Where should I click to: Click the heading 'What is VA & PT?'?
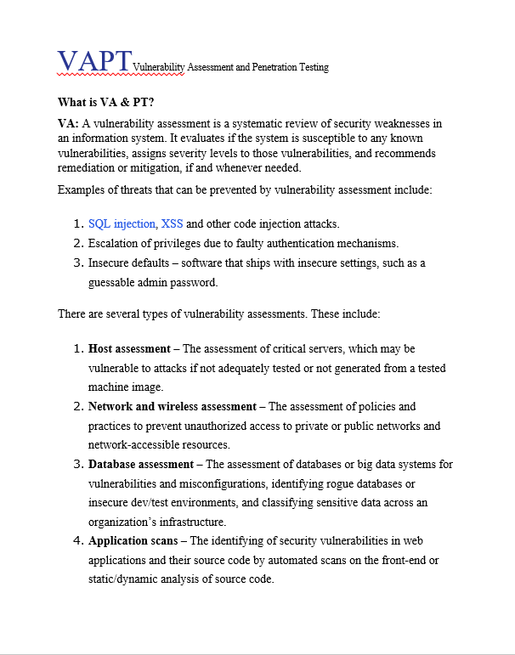105,102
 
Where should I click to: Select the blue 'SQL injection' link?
122,224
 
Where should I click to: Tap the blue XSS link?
172,224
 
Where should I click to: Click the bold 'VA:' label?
68,124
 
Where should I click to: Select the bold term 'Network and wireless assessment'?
173,407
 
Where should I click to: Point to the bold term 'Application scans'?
134,540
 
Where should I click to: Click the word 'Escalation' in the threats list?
114,244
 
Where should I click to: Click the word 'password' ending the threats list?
198,282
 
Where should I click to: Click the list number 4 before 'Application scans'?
77,540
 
